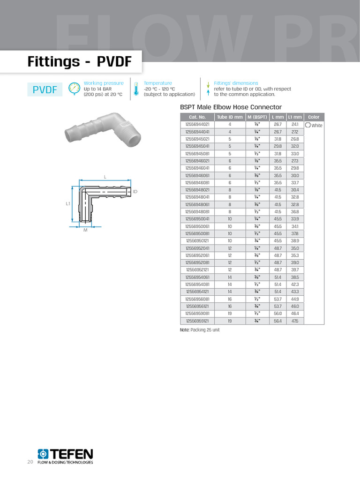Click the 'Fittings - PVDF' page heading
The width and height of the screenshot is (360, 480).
click(x=79, y=62)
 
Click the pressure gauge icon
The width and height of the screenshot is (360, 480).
click(x=75, y=89)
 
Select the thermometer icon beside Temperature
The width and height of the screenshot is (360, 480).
click(x=135, y=89)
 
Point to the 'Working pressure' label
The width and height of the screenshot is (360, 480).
click(x=104, y=83)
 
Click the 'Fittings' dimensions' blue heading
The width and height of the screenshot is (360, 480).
click(x=236, y=83)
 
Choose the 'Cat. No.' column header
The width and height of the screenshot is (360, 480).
click(x=197, y=117)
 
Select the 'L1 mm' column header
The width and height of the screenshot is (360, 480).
click(x=295, y=117)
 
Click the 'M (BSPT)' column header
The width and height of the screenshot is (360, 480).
click(x=257, y=117)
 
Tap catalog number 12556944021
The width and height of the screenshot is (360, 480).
click(x=197, y=125)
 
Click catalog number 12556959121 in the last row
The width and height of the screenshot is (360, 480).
click(x=197, y=321)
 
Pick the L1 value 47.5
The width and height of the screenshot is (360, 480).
click(x=295, y=321)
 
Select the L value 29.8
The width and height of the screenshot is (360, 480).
click(x=278, y=146)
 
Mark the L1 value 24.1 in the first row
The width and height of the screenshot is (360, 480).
click(x=295, y=125)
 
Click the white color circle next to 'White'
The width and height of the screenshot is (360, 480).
click(x=308, y=125)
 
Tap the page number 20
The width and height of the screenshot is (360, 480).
click(x=30, y=462)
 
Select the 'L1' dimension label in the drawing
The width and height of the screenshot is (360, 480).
click(x=67, y=204)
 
